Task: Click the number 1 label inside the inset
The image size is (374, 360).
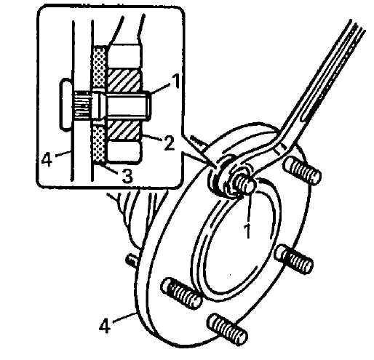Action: (x=175, y=81)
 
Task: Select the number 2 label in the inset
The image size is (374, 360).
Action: (x=168, y=143)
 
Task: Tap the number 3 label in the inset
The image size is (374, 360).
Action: (x=127, y=176)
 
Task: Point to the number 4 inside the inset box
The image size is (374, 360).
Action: (x=47, y=160)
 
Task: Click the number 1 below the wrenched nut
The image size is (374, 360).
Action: (x=247, y=231)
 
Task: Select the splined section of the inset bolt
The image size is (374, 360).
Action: (x=82, y=106)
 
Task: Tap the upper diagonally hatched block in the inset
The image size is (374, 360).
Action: (x=124, y=81)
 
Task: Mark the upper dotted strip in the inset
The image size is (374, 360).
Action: (x=100, y=67)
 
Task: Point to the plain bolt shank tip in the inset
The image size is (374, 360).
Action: (x=146, y=106)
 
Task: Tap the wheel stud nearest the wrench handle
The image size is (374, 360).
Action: (x=303, y=169)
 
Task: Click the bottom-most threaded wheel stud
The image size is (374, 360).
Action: (x=227, y=329)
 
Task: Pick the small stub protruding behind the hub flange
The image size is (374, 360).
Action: (x=131, y=260)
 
